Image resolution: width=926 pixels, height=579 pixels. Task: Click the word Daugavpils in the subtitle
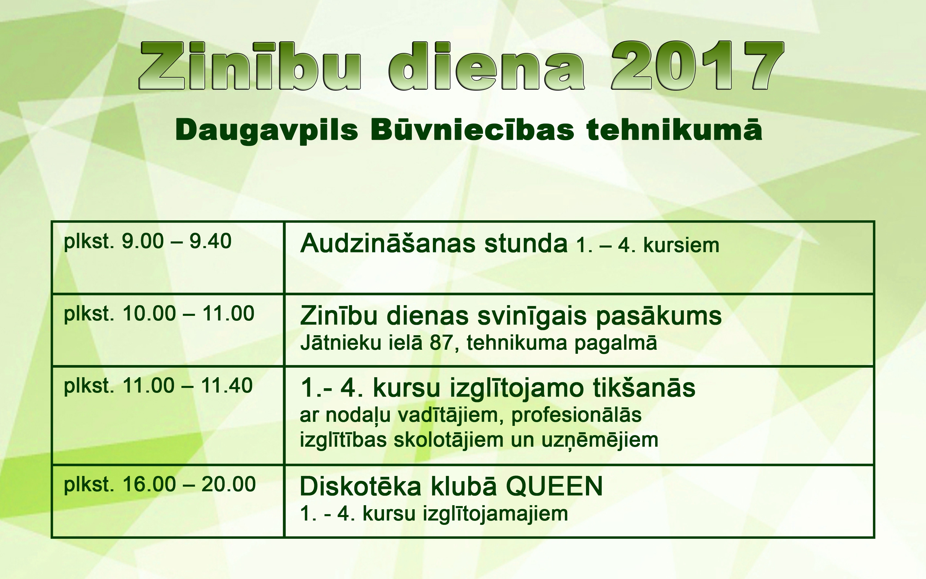267,131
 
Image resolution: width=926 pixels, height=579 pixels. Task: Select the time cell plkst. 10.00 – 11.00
159,314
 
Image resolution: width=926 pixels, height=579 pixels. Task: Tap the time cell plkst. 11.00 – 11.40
158,386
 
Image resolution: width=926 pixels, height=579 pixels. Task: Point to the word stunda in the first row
526,243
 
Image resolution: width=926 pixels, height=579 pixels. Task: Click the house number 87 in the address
442,343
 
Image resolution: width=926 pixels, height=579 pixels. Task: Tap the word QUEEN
554,487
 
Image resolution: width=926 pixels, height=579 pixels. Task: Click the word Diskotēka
361,486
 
